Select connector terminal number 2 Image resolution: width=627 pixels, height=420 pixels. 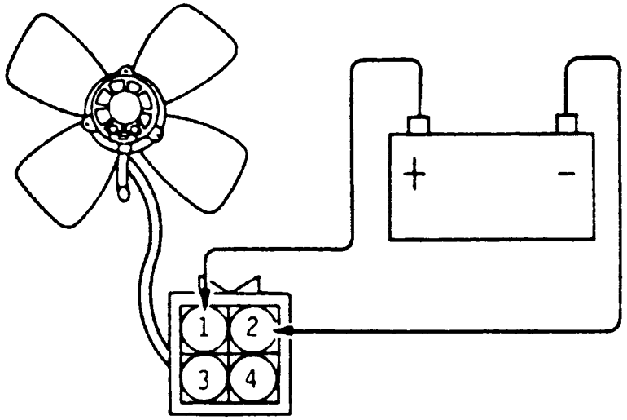coord(252,329)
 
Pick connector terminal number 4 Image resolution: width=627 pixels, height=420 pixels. coord(252,378)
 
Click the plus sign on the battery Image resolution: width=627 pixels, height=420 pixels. coord(415,174)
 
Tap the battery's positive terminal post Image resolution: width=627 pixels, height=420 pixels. coord(419,125)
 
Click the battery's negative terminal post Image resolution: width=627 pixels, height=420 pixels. coord(566,124)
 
